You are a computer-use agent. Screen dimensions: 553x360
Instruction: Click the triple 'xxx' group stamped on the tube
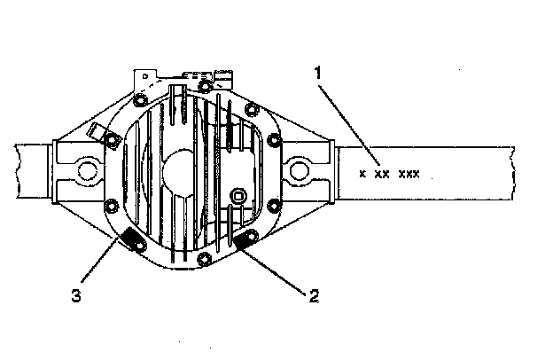[x=409, y=174]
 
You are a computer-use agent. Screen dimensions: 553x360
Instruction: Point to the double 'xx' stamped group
[x=382, y=174]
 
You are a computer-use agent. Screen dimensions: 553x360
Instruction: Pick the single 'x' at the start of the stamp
[x=362, y=174]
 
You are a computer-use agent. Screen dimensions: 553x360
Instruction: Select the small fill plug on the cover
[x=238, y=195]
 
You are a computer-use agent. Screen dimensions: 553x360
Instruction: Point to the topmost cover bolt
[x=206, y=86]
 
